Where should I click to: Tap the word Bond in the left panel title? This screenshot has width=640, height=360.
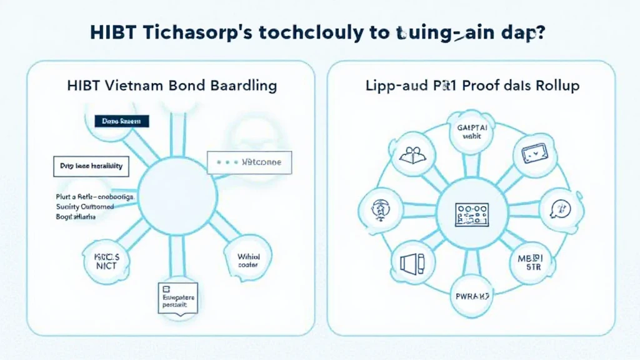coord(186,85)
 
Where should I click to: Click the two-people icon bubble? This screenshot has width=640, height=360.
coord(411,154)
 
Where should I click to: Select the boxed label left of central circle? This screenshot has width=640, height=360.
coord(91,167)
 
